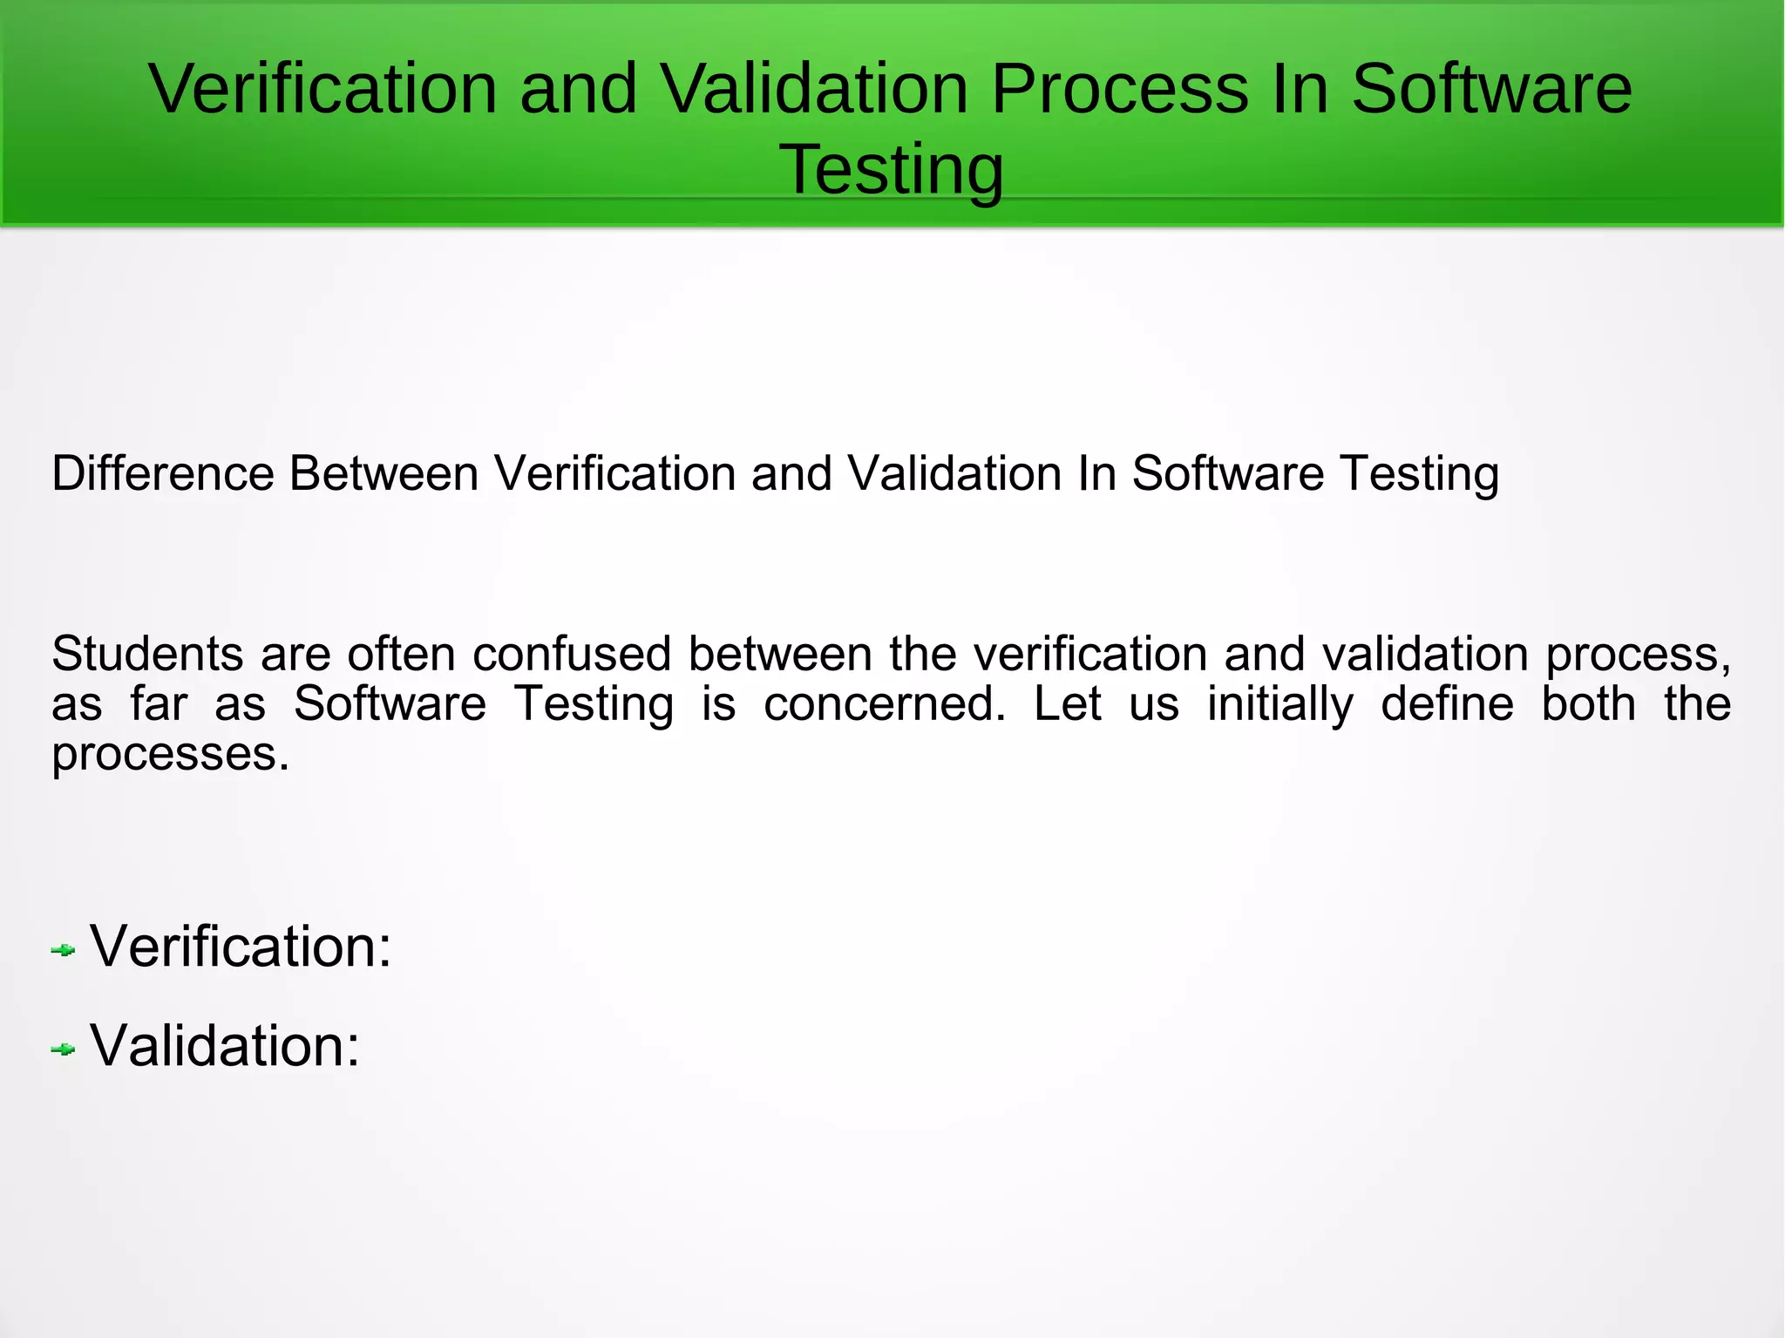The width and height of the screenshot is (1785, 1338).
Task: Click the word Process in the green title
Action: (1119, 89)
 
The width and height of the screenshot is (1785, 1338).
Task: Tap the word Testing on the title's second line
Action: (891, 169)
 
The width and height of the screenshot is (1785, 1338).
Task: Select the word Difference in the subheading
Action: (163, 474)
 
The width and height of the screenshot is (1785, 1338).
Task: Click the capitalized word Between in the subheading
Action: (383, 474)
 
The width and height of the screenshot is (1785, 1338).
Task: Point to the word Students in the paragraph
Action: (147, 654)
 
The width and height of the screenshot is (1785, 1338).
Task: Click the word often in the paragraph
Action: (401, 654)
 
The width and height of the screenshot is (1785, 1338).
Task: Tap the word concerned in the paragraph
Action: (885, 704)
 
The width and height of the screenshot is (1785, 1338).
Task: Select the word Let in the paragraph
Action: (1067, 704)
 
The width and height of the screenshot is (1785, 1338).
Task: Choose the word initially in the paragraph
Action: (1279, 704)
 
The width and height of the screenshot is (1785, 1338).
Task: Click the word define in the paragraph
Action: (1447, 704)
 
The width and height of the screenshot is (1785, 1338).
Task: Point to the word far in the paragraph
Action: (159, 704)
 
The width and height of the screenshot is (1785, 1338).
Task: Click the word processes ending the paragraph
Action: (170, 755)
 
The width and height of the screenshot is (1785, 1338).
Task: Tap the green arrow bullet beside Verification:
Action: (63, 950)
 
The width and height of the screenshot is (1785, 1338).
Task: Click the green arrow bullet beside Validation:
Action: (63, 1049)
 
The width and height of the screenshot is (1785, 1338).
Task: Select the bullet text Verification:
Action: (241, 947)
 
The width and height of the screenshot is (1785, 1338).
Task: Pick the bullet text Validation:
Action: (225, 1046)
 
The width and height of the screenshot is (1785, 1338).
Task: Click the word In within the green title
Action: (1300, 89)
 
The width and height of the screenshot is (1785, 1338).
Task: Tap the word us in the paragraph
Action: (1153, 704)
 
